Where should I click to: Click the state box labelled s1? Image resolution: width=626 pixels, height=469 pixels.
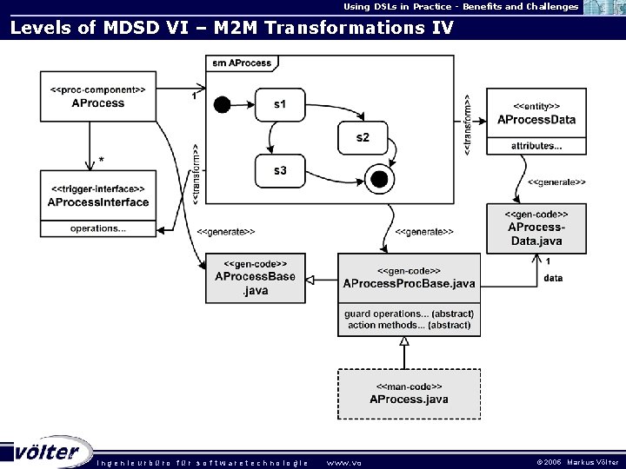coord(279,105)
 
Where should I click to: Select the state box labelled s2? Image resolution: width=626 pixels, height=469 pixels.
coord(362,137)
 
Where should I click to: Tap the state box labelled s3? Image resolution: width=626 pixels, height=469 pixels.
coord(279,171)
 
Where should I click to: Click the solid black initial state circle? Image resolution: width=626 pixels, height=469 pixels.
coord(222,105)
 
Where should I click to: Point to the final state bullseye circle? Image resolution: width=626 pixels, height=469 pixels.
coord(378,180)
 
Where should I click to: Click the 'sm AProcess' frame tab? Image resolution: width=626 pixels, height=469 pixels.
coord(242,63)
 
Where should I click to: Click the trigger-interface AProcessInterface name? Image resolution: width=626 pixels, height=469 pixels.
coord(97,202)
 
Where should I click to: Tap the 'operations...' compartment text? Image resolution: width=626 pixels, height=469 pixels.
coord(97,228)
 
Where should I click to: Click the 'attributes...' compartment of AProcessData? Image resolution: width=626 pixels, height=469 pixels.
coord(536,146)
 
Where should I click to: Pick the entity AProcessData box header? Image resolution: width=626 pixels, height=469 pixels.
coord(536,112)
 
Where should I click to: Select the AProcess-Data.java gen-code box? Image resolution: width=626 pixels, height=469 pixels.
coord(536,228)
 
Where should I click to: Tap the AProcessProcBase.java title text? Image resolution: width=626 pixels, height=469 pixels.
coord(409,283)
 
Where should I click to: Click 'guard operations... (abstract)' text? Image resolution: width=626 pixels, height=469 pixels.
coord(409,313)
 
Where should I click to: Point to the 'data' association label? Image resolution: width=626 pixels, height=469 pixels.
coord(553,278)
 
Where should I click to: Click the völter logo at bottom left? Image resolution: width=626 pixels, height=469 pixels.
coord(48,452)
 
